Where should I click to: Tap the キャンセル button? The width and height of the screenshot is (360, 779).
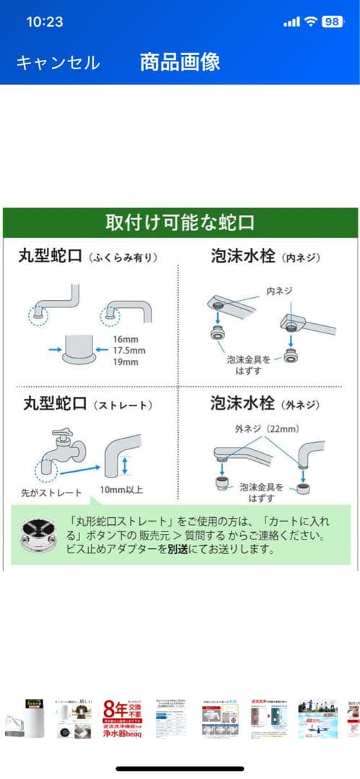pyautogui.click(x=58, y=63)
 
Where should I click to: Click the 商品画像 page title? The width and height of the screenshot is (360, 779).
pyautogui.click(x=180, y=62)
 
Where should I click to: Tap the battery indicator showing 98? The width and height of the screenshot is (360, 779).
pyautogui.click(x=333, y=22)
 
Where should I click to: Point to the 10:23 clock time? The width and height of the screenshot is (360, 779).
pyautogui.click(x=45, y=22)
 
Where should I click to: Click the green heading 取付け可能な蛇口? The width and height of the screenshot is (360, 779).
pyautogui.click(x=180, y=223)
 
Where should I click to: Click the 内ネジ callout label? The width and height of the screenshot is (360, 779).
pyautogui.click(x=279, y=291)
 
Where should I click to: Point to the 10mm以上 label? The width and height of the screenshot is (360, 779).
pyautogui.click(x=122, y=490)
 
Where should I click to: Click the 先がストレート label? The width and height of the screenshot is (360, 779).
pyautogui.click(x=49, y=493)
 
